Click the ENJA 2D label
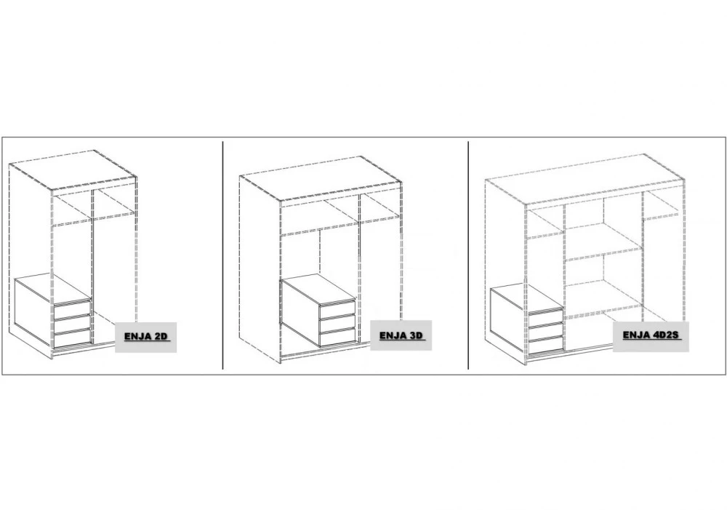pyautogui.click(x=146, y=337)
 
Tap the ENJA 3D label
pyautogui.click(x=401, y=335)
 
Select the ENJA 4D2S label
pyautogui.click(x=651, y=336)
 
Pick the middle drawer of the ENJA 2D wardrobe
pyautogui.click(x=72, y=324)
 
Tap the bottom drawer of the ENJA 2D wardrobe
pyautogui.click(x=72, y=338)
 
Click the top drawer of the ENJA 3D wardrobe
pyautogui.click(x=337, y=309)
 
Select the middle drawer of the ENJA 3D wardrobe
pyautogui.click(x=337, y=323)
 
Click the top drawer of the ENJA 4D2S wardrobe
pyautogui.click(x=546, y=317)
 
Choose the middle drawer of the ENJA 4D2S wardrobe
pyautogui.click(x=546, y=331)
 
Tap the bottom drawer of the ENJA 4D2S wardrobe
pyautogui.click(x=546, y=346)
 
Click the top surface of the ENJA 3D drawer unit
pyautogui.click(x=318, y=289)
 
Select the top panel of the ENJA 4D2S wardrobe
pyautogui.click(x=585, y=179)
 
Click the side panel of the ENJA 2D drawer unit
pyautogui.click(x=34, y=308)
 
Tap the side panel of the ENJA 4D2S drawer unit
pyautogui.click(x=510, y=317)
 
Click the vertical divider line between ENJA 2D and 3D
pyautogui.click(x=223, y=255)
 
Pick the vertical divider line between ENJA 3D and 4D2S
pyautogui.click(x=468, y=255)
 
